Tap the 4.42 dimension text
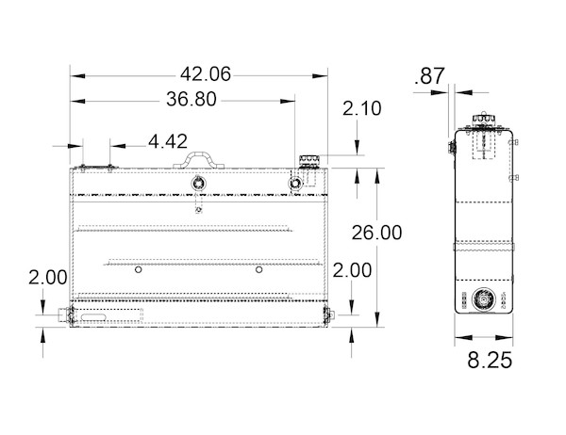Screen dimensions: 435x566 (x=167, y=142)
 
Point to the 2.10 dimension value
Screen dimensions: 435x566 (x=361, y=109)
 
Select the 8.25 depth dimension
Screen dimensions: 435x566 (x=489, y=360)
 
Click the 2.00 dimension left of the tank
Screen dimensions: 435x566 (x=47, y=278)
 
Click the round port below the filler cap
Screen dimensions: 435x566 (x=299, y=182)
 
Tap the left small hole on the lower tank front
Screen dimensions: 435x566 (x=138, y=270)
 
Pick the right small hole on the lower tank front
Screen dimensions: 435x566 (x=258, y=270)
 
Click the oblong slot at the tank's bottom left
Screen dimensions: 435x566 (x=94, y=320)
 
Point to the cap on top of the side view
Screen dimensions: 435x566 (x=485, y=120)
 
